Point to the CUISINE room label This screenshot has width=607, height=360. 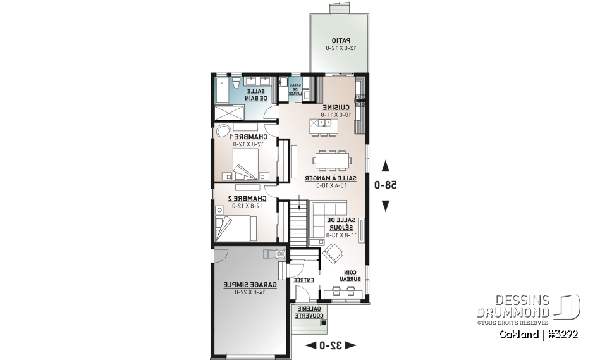[336, 111]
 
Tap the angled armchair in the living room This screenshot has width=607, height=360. [333, 256]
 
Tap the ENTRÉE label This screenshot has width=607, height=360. [305, 280]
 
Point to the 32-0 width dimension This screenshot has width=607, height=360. [331, 345]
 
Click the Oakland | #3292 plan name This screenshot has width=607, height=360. [538, 334]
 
